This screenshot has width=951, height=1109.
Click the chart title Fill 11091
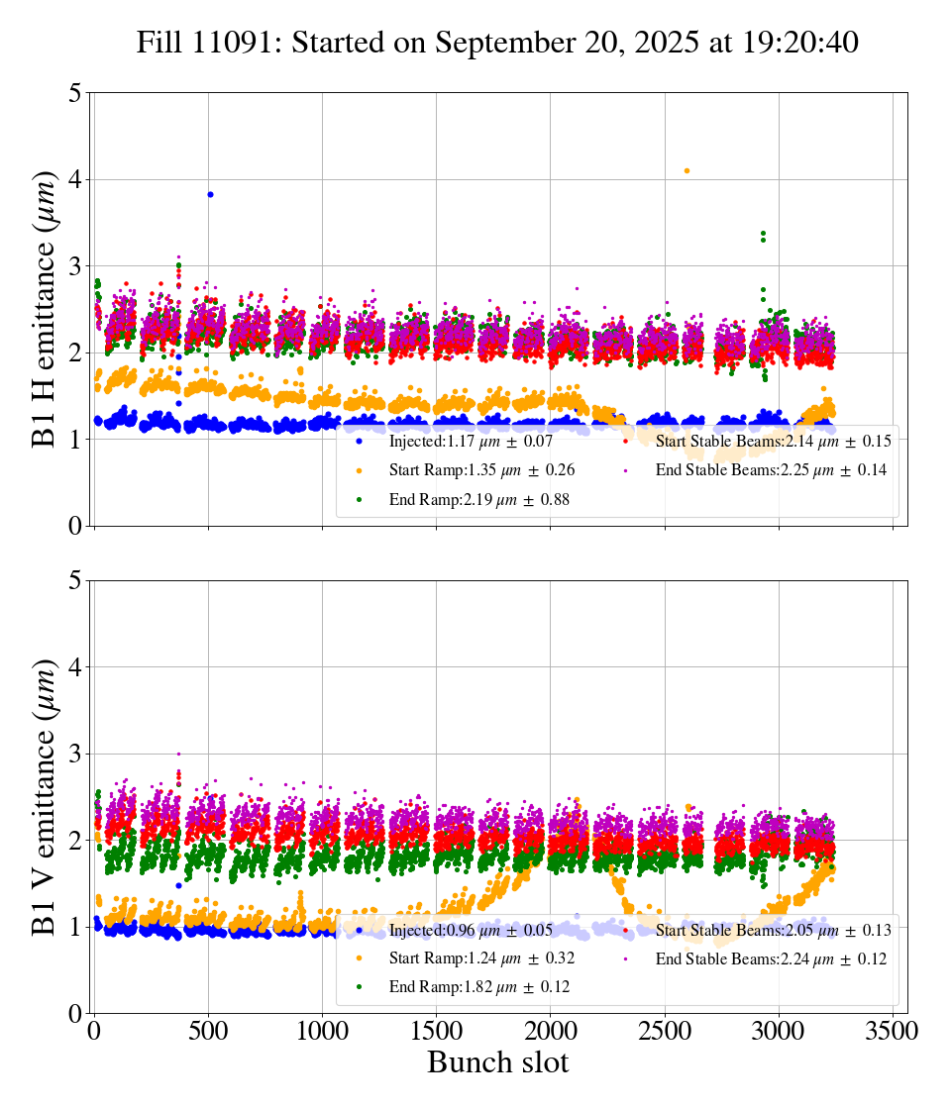(497, 43)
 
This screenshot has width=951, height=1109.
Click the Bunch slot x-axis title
(497, 1063)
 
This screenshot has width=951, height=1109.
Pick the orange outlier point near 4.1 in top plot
(687, 170)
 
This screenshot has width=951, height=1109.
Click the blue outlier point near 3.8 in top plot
(210, 194)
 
